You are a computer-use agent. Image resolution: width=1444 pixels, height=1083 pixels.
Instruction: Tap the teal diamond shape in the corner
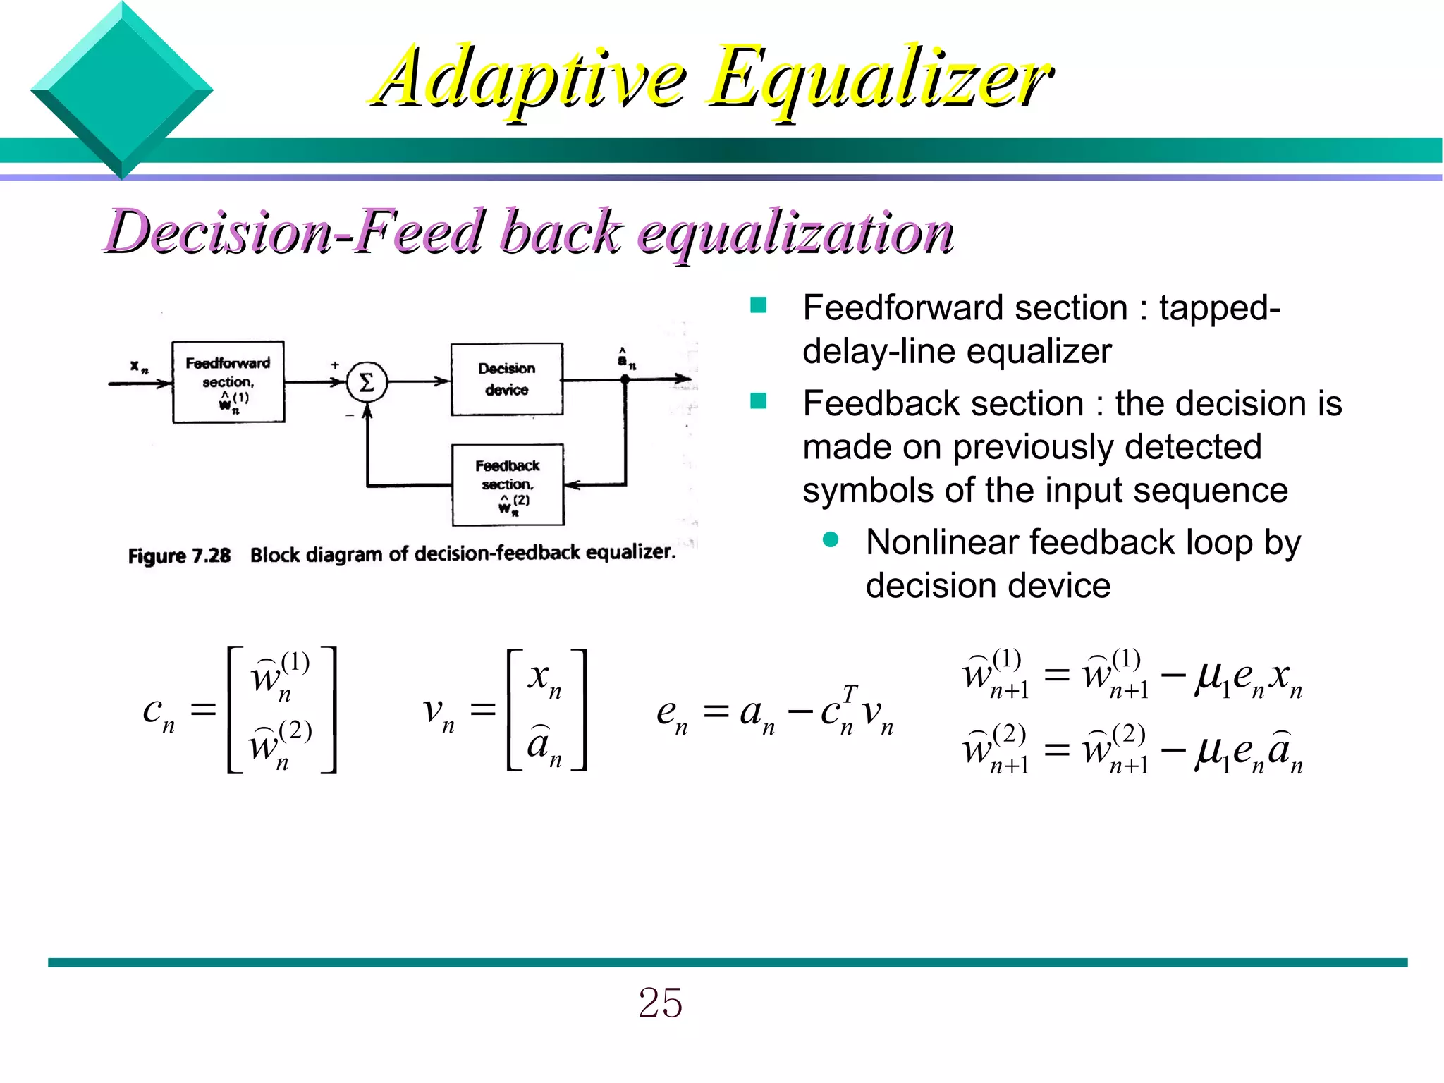pyautogui.click(x=121, y=90)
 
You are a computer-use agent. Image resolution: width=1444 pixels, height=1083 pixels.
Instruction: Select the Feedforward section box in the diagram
pyautogui.click(x=228, y=381)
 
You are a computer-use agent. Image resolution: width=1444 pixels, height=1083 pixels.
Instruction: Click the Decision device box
pyautogui.click(x=506, y=379)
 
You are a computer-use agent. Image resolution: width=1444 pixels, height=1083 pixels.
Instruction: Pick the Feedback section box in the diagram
pyautogui.click(x=508, y=484)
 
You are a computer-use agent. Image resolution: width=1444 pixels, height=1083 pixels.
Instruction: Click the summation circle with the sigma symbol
pyautogui.click(x=367, y=382)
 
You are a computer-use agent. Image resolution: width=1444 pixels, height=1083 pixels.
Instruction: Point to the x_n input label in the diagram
pyautogui.click(x=139, y=366)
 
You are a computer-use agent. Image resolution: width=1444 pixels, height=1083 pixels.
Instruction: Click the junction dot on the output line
pyautogui.click(x=625, y=379)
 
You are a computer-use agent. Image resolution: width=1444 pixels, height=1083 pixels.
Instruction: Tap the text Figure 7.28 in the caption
pyautogui.click(x=179, y=556)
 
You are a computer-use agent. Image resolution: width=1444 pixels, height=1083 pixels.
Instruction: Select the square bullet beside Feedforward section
pyautogui.click(x=759, y=305)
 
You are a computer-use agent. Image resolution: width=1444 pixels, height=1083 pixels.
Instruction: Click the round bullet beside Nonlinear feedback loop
pyautogui.click(x=831, y=540)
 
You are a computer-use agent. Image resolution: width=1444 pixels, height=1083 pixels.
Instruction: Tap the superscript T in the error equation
pyautogui.click(x=850, y=694)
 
